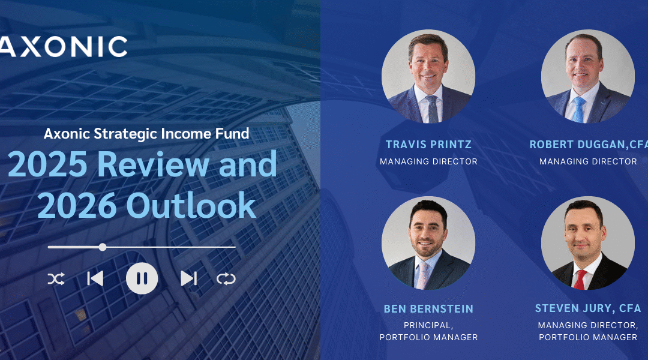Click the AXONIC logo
63,46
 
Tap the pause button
142,278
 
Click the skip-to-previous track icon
95,278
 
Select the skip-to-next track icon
188,278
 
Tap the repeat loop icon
226,279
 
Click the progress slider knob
103,247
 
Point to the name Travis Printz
428,144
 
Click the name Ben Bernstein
428,309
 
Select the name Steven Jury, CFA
588,308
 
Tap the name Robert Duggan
577,144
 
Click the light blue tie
578,110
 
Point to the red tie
580,280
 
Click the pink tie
422,275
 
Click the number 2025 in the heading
47,164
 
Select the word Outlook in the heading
191,205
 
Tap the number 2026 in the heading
77,205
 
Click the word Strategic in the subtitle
125,134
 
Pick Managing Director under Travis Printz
428,161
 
